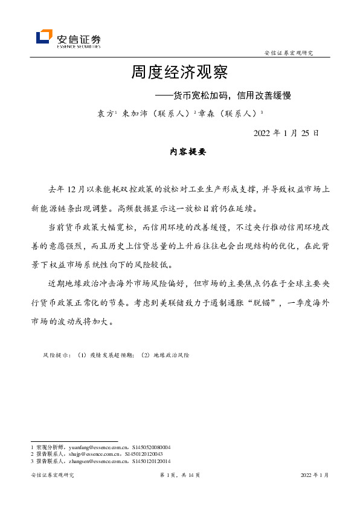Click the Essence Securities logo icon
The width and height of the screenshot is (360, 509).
click(x=44, y=37)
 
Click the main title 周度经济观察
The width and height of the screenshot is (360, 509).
click(x=179, y=73)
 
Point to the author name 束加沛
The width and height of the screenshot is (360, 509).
click(x=133, y=113)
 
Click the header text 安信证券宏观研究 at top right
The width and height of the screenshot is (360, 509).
click(x=289, y=53)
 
